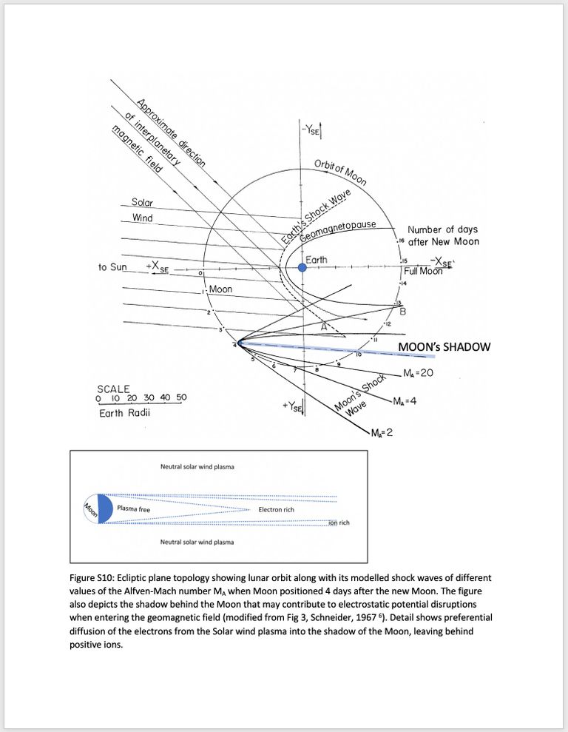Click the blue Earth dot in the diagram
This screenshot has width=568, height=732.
302,268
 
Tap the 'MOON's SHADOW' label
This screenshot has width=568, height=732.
444,347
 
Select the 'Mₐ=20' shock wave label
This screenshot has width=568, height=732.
418,372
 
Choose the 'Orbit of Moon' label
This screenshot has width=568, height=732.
340,172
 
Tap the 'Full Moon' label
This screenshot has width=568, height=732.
422,271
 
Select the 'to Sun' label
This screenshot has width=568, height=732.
112,266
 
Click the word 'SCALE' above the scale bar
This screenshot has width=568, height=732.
113,389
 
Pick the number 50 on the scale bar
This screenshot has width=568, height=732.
180,397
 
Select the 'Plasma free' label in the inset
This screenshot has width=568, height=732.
134,509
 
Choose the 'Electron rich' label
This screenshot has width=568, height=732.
276,510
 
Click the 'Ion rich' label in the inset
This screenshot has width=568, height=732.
339,523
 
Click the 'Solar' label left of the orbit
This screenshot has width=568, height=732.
142,202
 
